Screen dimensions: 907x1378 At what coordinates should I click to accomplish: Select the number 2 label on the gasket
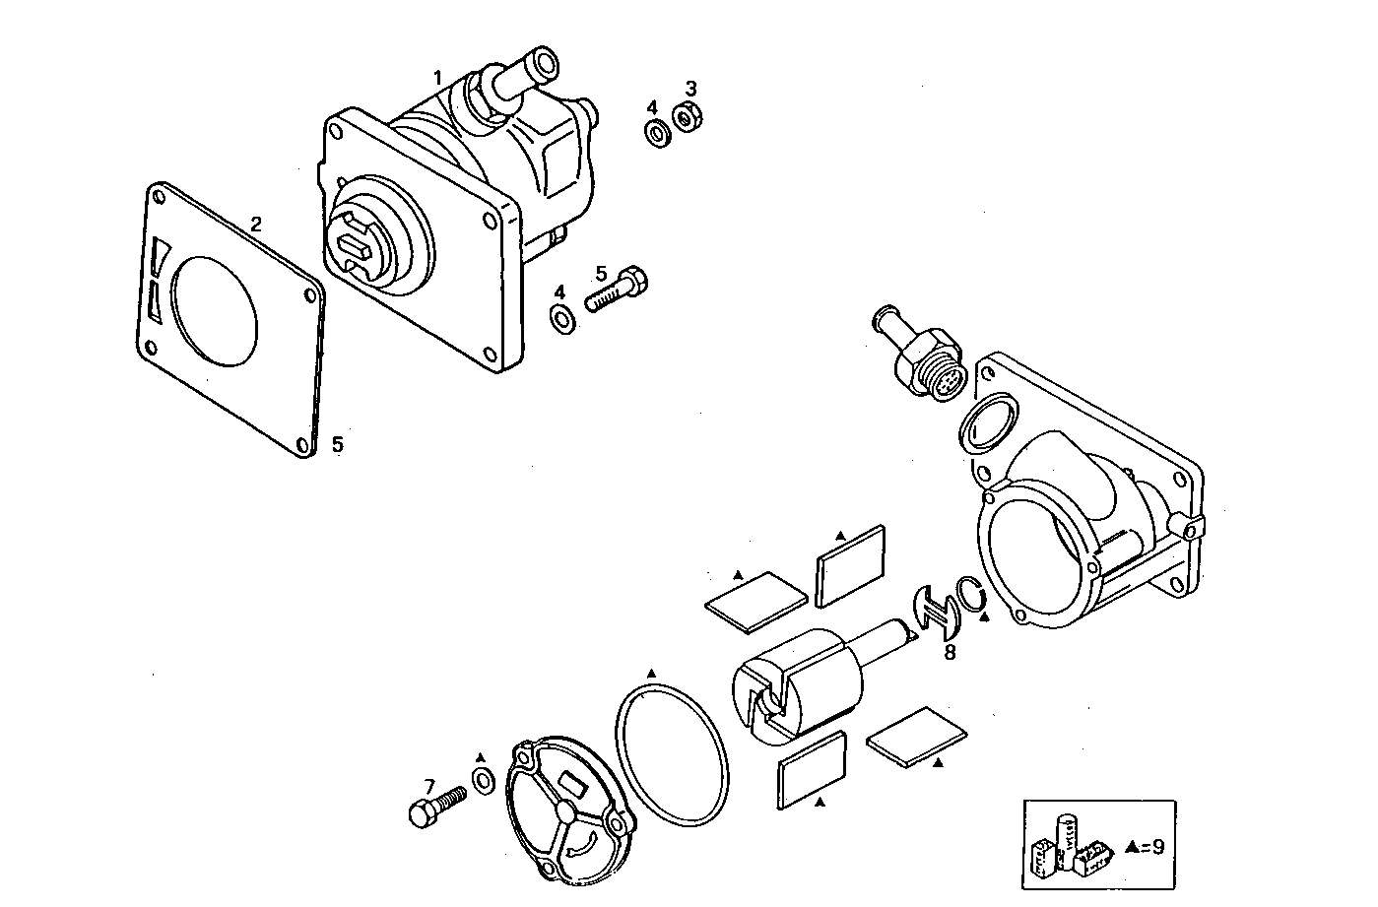coord(255,224)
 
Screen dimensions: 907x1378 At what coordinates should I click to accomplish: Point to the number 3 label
coord(690,89)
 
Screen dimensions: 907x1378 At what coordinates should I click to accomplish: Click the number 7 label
coord(429,786)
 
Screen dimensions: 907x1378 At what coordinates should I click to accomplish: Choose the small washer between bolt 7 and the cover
coord(484,782)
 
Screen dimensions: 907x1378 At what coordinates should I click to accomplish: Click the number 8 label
coord(950,652)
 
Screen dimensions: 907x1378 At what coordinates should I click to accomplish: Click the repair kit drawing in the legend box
coord(1071,844)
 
